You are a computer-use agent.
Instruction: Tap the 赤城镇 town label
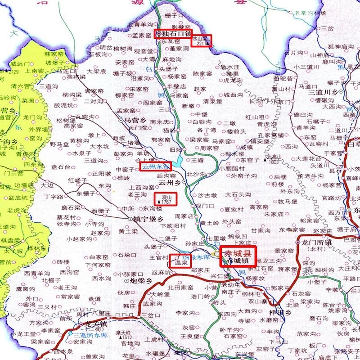237,261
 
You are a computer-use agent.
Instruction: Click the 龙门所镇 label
316,243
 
